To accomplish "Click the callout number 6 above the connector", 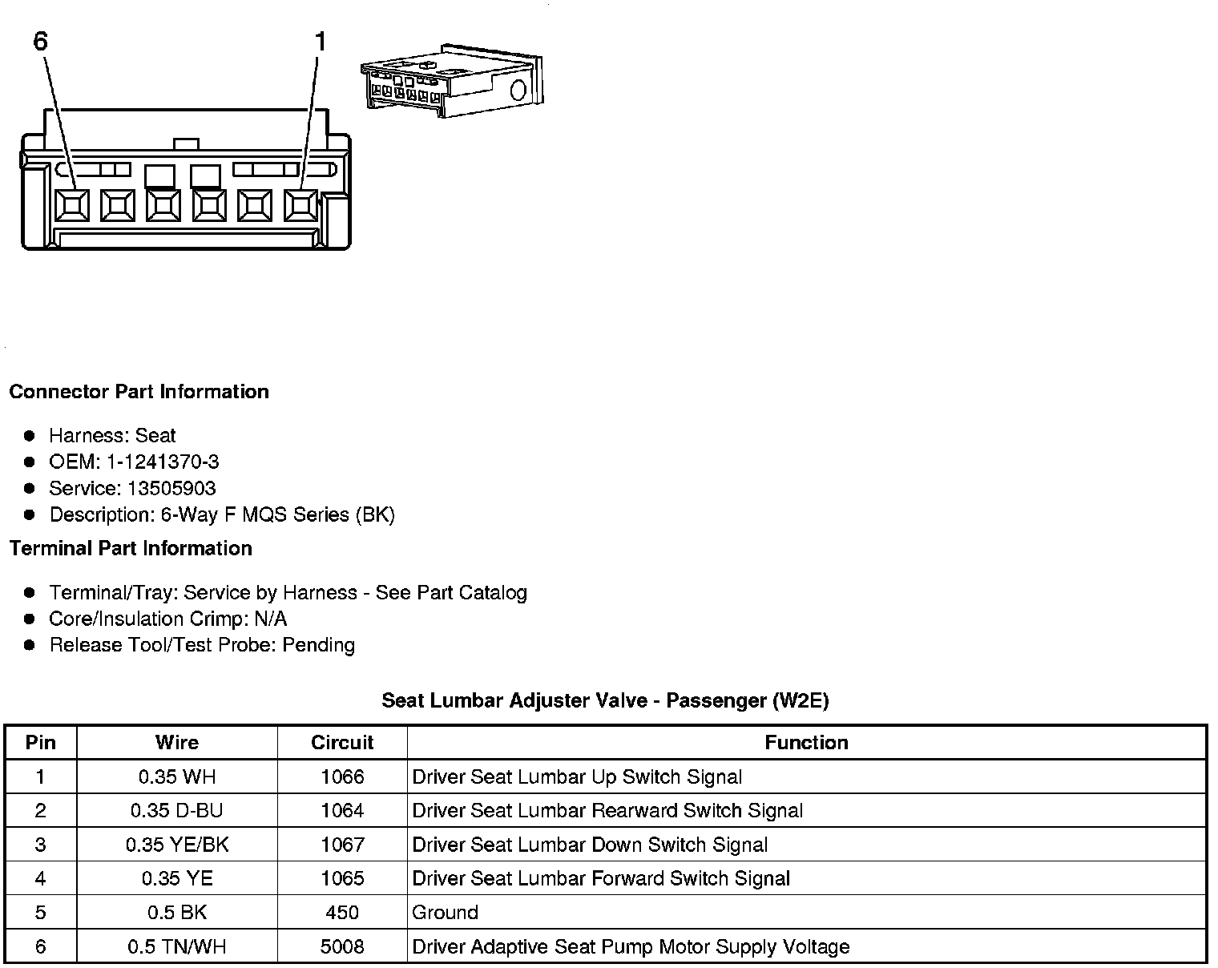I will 41,42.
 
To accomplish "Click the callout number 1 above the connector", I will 321,42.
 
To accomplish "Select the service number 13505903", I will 171,489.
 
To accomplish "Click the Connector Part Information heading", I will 139,392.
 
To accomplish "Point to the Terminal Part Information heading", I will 131,549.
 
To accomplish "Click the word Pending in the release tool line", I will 318,645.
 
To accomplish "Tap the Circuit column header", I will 342,743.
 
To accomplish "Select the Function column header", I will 806,743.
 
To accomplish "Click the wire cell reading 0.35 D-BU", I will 176,811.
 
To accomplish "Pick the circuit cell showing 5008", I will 342,947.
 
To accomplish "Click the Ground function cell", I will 445,913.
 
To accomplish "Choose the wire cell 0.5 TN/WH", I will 176,947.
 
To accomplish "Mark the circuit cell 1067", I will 342,845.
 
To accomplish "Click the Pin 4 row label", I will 41,879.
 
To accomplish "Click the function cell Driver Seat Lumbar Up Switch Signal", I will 577,777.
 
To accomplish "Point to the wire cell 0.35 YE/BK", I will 176,845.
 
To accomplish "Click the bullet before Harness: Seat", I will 30,436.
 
